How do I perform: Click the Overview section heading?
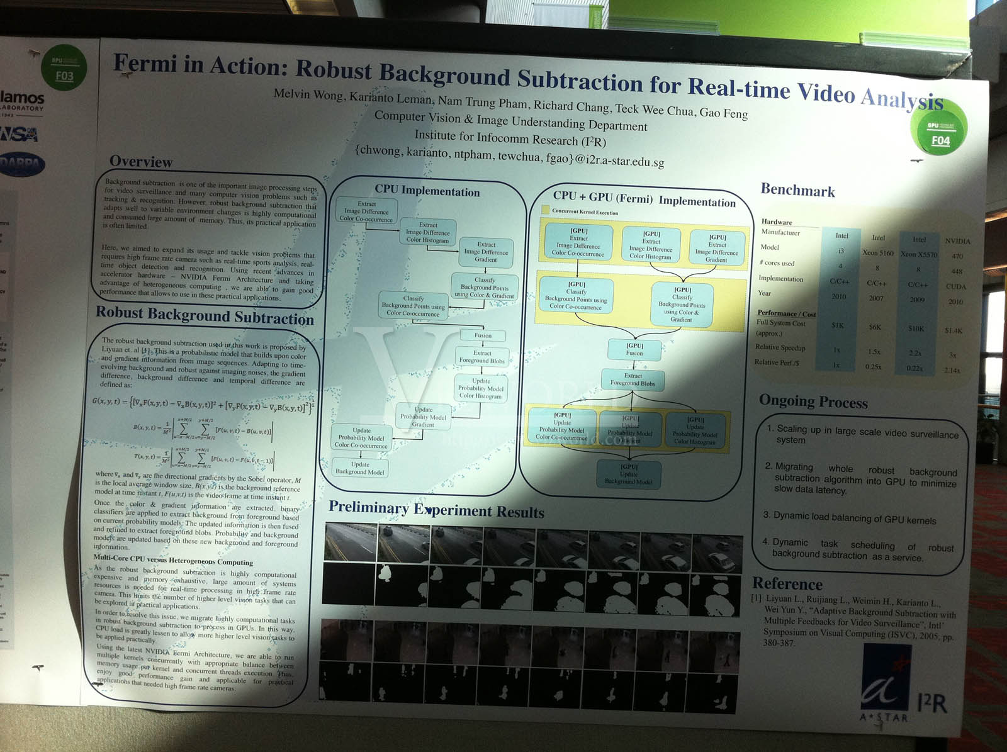[141, 162]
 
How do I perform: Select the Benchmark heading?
[797, 190]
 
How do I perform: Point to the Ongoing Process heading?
[813, 401]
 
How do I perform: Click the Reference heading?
[787, 583]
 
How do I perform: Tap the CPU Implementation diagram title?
[427, 191]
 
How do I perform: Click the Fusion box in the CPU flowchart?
[483, 335]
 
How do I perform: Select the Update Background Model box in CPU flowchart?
[360, 468]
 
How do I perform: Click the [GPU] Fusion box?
[634, 349]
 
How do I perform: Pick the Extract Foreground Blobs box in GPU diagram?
[633, 379]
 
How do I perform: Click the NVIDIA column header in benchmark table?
[957, 241]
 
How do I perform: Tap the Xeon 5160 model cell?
[877, 253]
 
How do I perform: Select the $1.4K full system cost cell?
[953, 330]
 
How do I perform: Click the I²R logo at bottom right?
[931, 704]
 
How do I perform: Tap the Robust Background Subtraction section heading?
[205, 315]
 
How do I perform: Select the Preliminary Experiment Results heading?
[436, 510]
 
